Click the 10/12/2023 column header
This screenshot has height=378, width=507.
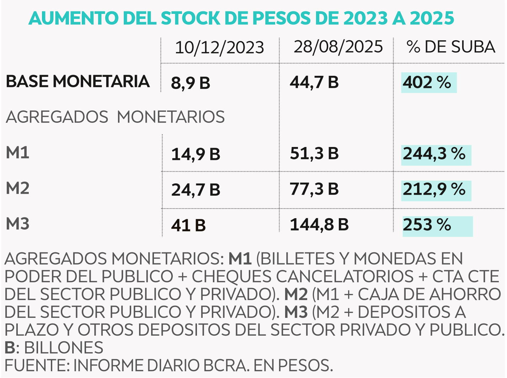219,48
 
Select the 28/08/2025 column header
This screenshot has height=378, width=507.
338,47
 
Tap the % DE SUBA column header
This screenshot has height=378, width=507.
450,47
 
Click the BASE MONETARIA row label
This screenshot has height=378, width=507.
78,82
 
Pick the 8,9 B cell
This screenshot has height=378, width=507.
191,83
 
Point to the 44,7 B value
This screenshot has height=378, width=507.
314,82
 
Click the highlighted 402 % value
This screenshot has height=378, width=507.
427,82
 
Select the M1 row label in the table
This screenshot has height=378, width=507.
18,153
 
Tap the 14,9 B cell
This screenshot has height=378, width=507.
196,154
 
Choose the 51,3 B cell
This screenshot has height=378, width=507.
314,153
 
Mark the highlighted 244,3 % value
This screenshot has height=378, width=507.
434,154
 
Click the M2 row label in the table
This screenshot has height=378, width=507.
18,188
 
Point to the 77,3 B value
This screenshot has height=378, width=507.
314,189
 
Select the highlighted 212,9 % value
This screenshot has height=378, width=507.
434,189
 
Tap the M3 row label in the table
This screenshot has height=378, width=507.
18,224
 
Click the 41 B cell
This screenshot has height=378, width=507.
188,225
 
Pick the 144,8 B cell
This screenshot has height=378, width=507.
319,225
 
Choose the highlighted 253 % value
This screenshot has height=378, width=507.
427,225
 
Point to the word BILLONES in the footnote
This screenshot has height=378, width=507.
64,348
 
